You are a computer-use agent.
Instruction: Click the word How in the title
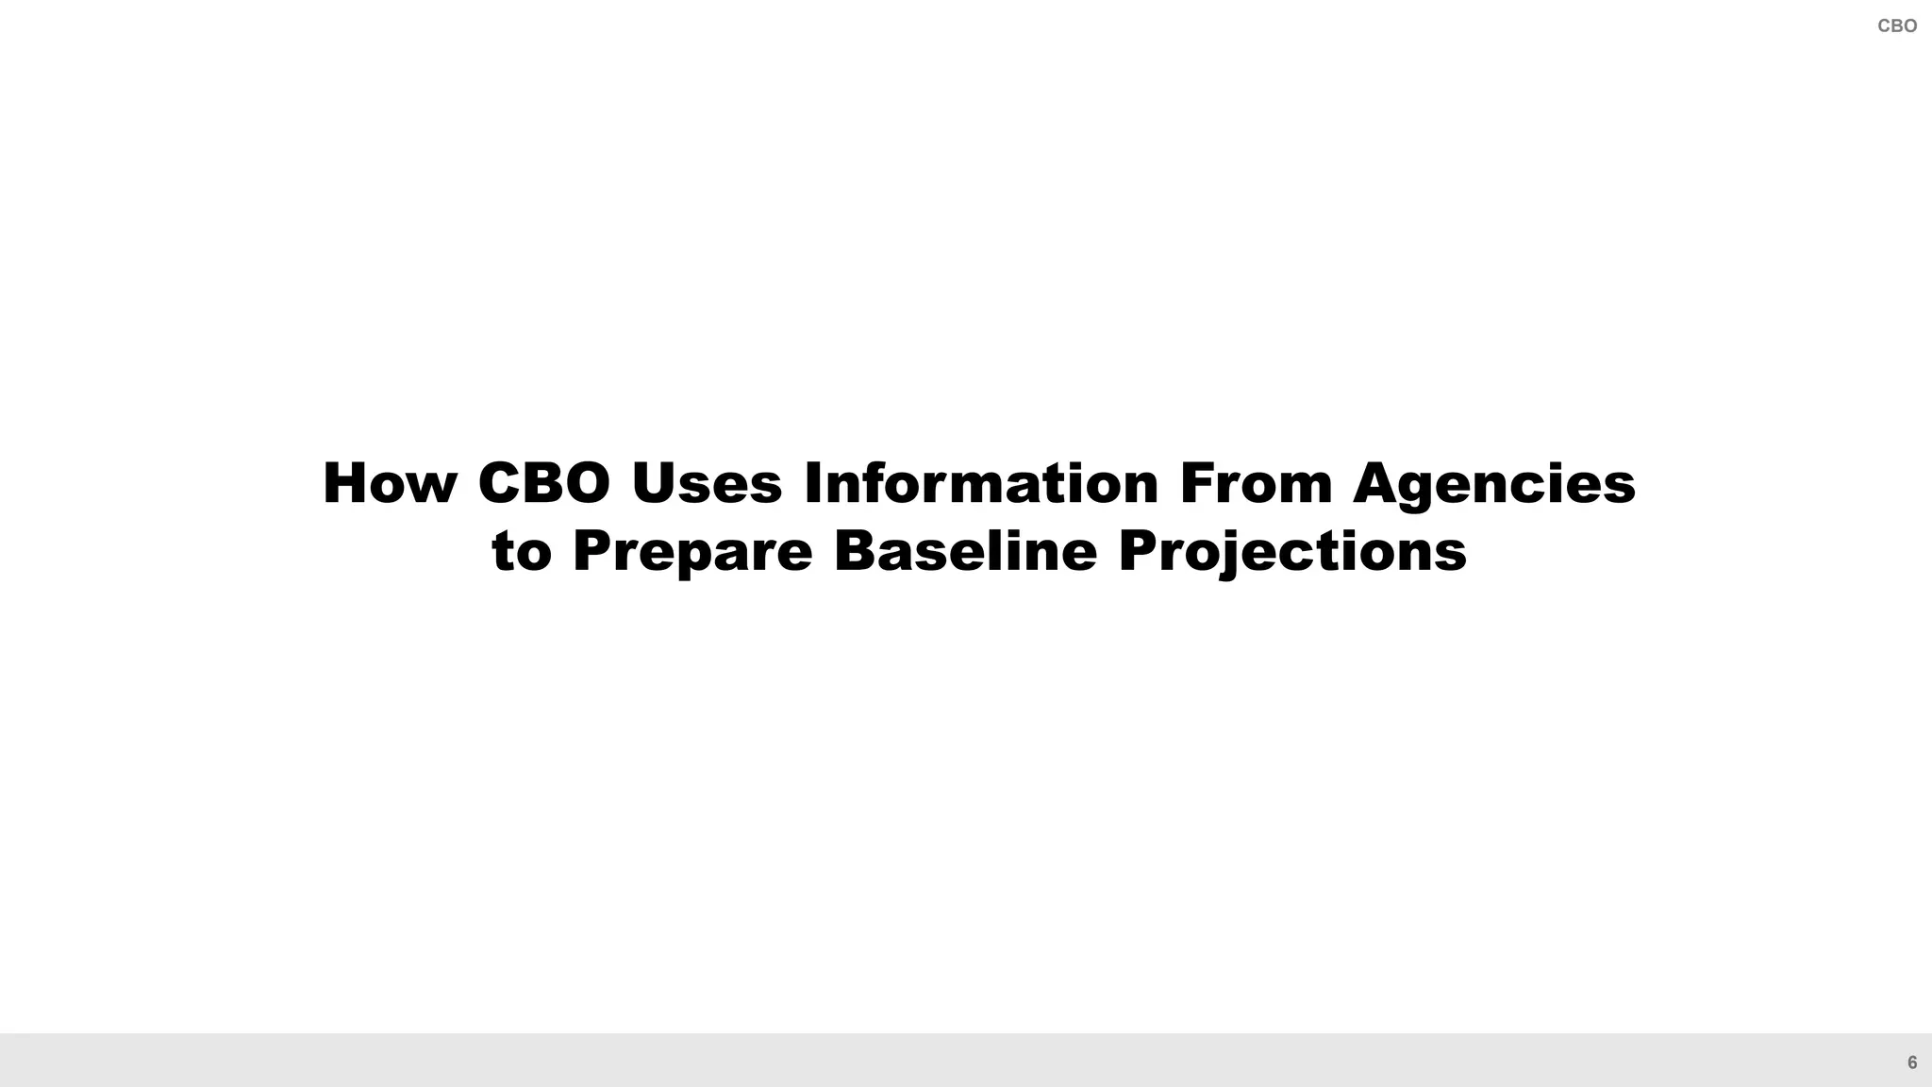(x=390, y=483)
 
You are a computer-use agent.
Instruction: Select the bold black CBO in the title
(x=544, y=483)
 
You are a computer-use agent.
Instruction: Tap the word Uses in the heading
(x=707, y=483)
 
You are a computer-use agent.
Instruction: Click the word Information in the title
(x=981, y=483)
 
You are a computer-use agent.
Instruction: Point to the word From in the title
(x=1256, y=483)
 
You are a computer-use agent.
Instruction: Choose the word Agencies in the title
(x=1494, y=485)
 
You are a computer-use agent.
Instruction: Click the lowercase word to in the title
(x=522, y=551)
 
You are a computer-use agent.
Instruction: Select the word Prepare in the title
(x=692, y=553)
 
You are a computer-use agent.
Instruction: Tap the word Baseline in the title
(x=965, y=551)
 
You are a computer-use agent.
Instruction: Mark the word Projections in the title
(x=1292, y=553)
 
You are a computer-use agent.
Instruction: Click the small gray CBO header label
(x=1897, y=26)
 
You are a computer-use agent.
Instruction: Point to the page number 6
(x=1912, y=1062)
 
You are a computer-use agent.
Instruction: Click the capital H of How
(x=345, y=483)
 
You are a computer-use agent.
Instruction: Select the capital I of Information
(x=812, y=483)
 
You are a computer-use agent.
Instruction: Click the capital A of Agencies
(x=1375, y=483)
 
